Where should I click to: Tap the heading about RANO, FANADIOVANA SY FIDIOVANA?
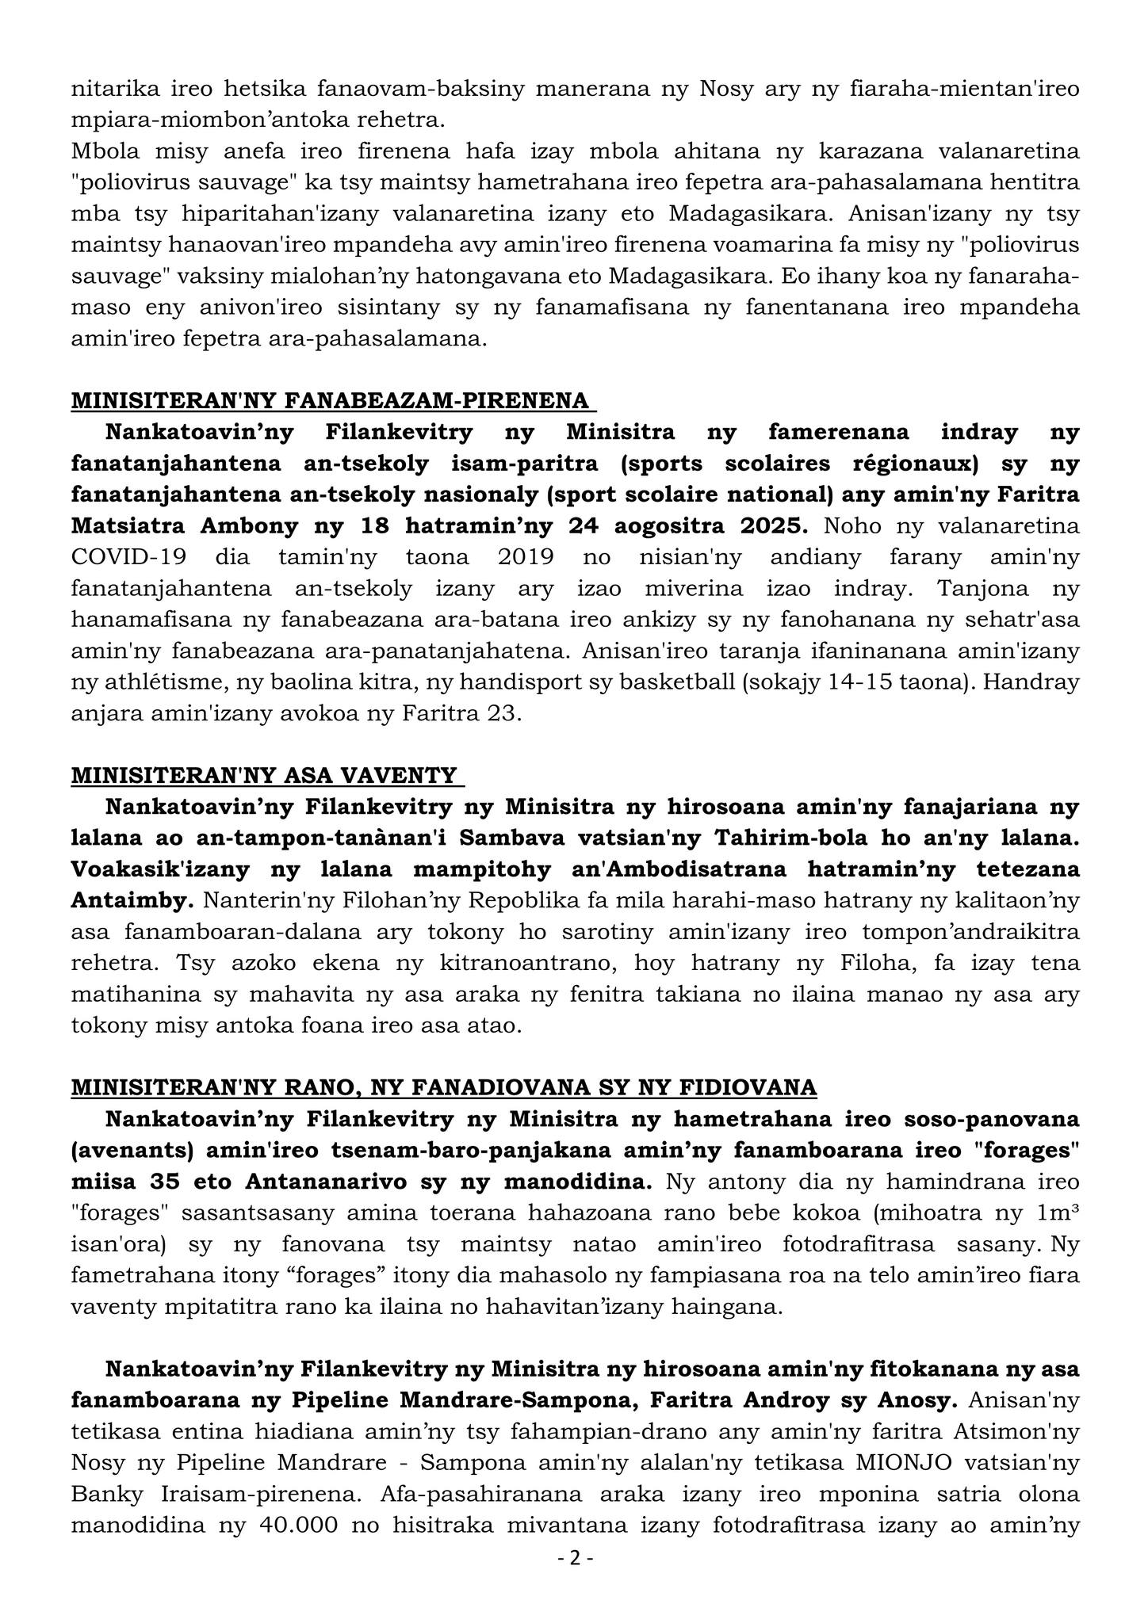point(444,1087)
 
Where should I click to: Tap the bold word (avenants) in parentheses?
point(132,1150)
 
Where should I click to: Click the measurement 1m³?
point(1056,1212)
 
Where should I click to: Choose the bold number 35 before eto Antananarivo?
point(209,1182)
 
